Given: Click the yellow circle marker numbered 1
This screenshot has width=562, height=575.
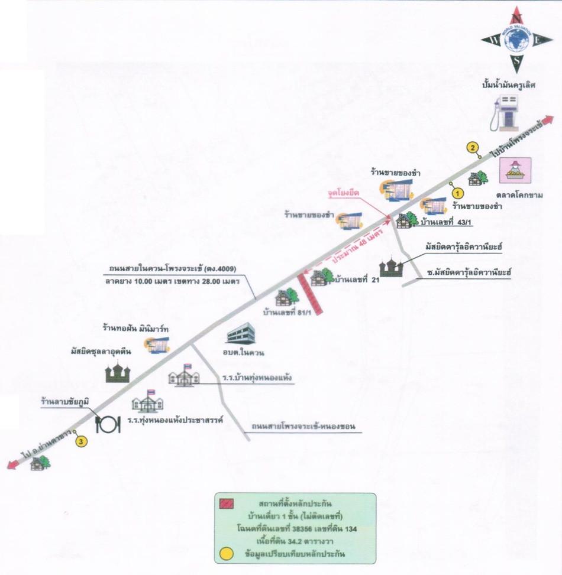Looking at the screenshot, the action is pyautogui.click(x=457, y=193).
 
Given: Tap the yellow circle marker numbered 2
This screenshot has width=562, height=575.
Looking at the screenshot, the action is pyautogui.click(x=473, y=148).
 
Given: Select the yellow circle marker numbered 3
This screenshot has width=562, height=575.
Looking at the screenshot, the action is pyautogui.click(x=81, y=441).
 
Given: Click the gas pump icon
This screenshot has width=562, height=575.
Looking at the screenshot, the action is pyautogui.click(x=505, y=113).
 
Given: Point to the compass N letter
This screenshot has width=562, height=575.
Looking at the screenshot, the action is pyautogui.click(x=517, y=18).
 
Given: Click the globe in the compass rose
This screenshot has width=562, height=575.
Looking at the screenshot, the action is pyautogui.click(x=517, y=40).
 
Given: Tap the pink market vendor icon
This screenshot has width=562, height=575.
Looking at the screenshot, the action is pyautogui.click(x=515, y=170).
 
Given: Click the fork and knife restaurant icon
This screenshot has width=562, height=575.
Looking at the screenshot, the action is pyautogui.click(x=108, y=424).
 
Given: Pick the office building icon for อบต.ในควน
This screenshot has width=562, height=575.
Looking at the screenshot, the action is pyautogui.click(x=241, y=333).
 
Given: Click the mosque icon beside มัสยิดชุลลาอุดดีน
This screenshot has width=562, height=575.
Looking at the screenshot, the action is pyautogui.click(x=118, y=372).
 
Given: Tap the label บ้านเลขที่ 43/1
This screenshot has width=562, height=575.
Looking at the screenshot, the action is pyautogui.click(x=445, y=222).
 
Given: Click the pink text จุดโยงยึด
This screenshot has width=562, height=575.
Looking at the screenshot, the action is pyautogui.click(x=344, y=193).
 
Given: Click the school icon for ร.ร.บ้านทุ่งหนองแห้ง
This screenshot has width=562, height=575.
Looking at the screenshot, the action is pyautogui.click(x=184, y=375).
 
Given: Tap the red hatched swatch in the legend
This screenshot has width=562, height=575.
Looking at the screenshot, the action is pyautogui.click(x=227, y=503).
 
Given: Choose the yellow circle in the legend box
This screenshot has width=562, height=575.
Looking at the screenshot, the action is pyautogui.click(x=226, y=554).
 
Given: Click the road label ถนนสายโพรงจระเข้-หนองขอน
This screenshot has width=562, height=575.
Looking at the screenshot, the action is pyautogui.click(x=303, y=427).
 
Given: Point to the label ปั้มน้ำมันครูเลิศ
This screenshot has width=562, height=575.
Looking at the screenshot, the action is pyautogui.click(x=509, y=85).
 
